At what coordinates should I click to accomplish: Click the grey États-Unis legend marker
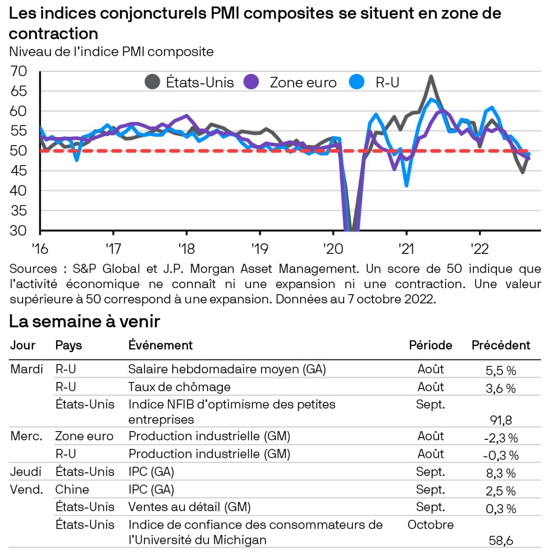click(x=152, y=82)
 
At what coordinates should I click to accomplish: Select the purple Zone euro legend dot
click(x=251, y=82)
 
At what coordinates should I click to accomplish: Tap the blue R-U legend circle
click(x=357, y=82)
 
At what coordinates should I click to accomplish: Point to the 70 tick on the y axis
click(x=19, y=71)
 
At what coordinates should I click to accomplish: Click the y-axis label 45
click(x=19, y=171)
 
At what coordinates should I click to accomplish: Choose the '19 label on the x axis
click(x=259, y=249)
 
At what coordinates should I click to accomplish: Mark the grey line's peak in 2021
click(x=431, y=76)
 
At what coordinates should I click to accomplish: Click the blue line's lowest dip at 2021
click(x=407, y=185)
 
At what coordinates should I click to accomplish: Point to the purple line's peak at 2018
click(x=187, y=116)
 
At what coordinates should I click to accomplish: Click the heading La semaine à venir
click(x=84, y=321)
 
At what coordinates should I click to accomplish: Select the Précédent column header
click(x=501, y=345)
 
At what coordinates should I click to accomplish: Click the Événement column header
click(x=160, y=345)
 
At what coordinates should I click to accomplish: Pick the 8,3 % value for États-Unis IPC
click(x=501, y=473)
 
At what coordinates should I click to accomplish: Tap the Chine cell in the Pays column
click(x=72, y=489)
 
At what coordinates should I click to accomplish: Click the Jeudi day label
click(x=26, y=472)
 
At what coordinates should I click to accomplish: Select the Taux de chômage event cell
click(x=179, y=387)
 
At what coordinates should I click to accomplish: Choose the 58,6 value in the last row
click(x=501, y=540)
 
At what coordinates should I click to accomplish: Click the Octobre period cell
click(x=430, y=525)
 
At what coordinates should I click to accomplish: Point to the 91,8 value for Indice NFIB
click(x=501, y=420)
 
